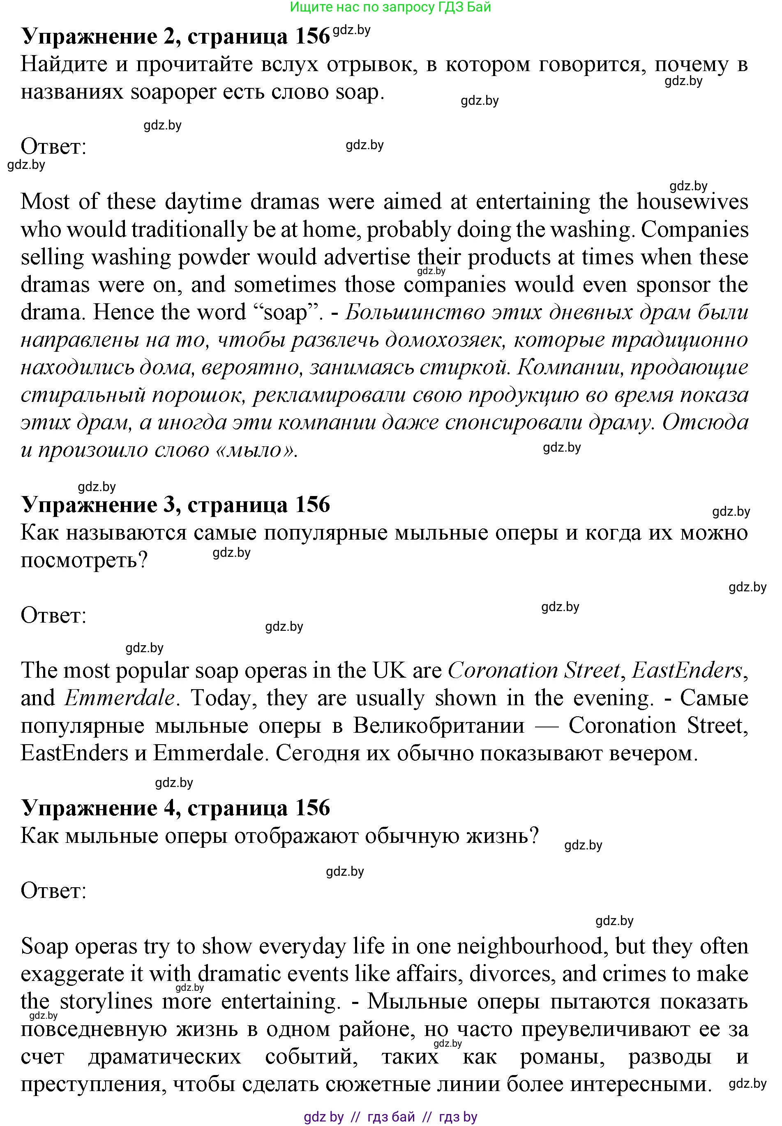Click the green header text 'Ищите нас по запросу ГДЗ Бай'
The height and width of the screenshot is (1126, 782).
[390, 7]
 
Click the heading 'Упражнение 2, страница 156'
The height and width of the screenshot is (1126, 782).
[175, 36]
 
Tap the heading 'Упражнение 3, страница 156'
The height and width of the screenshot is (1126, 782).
[175, 505]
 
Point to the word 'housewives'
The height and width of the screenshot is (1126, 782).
[692, 202]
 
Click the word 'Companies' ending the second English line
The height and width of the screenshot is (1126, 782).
[694, 229]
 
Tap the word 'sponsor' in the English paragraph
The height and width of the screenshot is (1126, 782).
[673, 285]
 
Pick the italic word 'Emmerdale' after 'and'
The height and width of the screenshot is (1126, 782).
[120, 698]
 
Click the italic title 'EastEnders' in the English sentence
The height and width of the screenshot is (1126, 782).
[687, 670]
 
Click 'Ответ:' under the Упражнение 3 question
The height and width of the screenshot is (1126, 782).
[53, 616]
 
